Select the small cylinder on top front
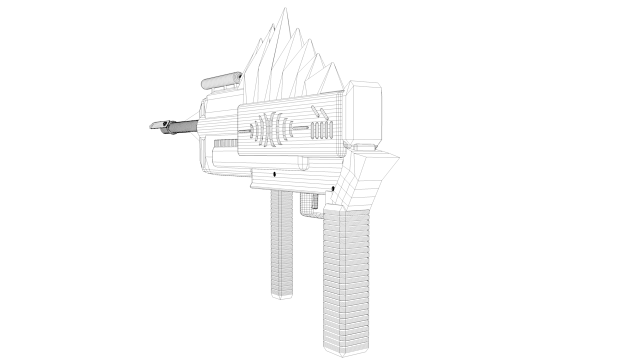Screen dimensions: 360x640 pyautogui.click(x=220, y=80)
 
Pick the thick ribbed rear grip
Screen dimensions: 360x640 pyautogui.click(x=344, y=270)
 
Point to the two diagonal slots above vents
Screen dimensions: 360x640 pyautogui.click(x=319, y=118)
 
